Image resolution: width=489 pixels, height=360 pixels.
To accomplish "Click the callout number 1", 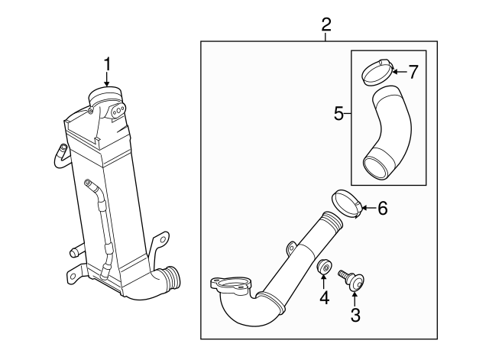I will tap(107, 63).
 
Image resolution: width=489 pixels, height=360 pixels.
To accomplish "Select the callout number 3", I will tap(355, 314).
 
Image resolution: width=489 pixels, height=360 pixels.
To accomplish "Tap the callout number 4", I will tap(324, 297).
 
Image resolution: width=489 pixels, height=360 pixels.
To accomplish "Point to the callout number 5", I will tap(338, 114).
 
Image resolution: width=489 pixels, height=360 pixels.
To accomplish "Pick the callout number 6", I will tap(383, 207).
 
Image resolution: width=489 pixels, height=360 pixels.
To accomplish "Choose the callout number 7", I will tap(413, 73).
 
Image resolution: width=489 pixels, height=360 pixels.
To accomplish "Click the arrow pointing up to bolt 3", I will tap(355, 296).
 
